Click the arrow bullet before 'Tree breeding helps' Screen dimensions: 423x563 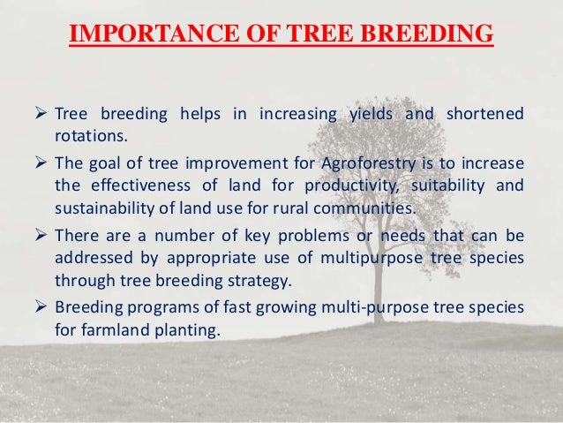39,117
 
